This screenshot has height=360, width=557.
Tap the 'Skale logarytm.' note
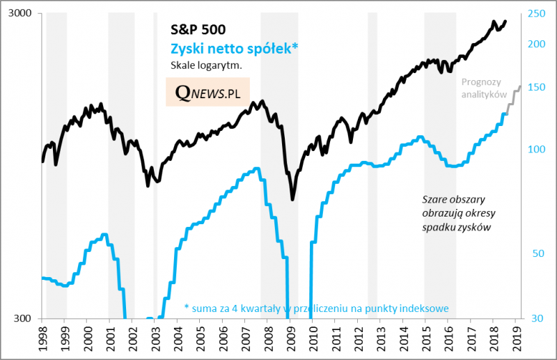(x=206, y=66)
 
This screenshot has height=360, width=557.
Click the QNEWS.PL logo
(x=207, y=93)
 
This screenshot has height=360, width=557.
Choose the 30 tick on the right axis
(x=534, y=319)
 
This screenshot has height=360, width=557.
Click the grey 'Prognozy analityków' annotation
(x=483, y=88)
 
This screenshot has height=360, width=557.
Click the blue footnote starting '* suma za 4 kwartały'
(x=316, y=308)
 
